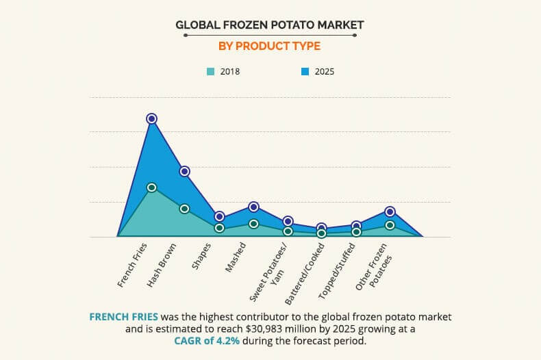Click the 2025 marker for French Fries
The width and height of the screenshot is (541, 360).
tap(151, 118)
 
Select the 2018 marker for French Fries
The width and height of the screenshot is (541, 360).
tap(151, 187)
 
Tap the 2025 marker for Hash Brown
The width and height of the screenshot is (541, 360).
tap(184, 171)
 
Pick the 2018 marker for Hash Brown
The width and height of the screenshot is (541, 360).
tap(184, 208)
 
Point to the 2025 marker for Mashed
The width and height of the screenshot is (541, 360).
tap(253, 207)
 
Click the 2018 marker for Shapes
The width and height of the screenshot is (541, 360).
tap(219, 228)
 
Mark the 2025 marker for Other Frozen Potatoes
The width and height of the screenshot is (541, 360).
tap(390, 211)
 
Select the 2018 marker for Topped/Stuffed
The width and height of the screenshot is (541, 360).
tap(356, 232)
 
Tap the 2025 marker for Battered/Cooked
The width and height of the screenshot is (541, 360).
tap(322, 228)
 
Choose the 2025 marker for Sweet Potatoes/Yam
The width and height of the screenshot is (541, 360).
tap(288, 221)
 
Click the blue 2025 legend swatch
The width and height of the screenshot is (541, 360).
tap(305, 71)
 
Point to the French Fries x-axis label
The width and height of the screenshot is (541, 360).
tap(132, 264)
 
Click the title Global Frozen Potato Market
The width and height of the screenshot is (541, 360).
tap(270, 25)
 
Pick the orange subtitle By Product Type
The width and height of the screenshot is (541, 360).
tap(270, 47)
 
